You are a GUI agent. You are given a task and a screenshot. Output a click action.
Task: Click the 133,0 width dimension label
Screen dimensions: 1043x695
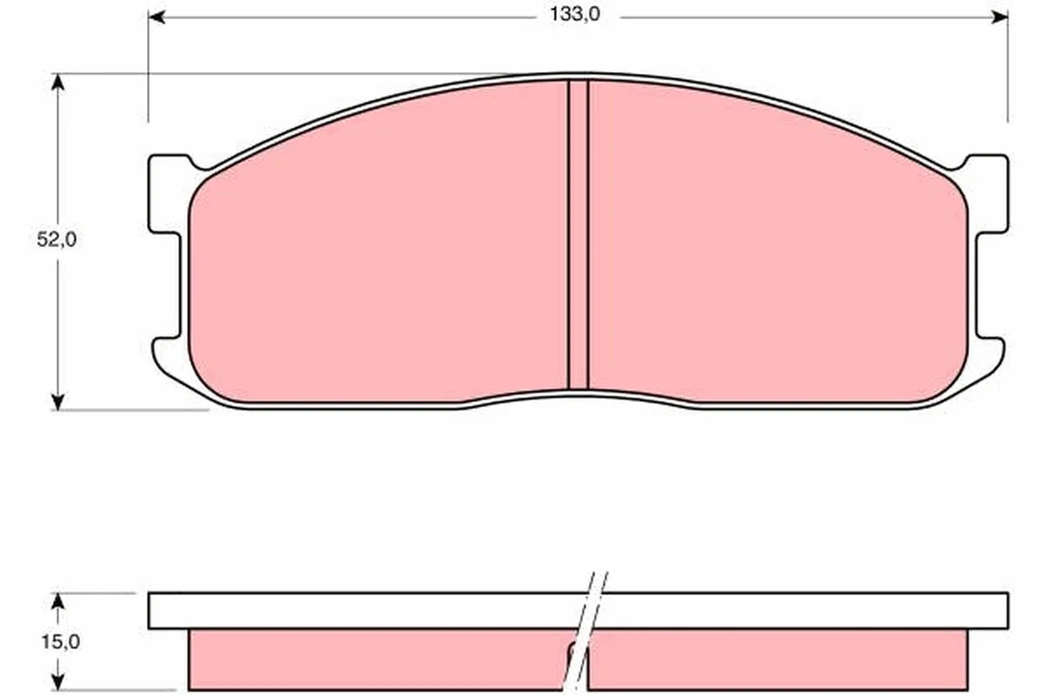(x=574, y=14)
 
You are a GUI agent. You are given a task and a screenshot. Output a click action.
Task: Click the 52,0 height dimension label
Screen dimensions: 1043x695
(x=57, y=239)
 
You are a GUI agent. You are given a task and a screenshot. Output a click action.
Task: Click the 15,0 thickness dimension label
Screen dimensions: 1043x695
(x=61, y=642)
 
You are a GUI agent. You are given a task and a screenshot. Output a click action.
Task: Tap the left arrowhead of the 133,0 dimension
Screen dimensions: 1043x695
(x=157, y=17)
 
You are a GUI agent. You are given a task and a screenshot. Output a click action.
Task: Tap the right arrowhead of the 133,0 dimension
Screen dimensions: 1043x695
(x=1000, y=17)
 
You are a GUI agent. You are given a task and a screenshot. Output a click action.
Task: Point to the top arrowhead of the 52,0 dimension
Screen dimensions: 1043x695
(x=59, y=82)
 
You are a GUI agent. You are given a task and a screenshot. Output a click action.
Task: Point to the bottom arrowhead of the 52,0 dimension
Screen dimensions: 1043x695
(x=59, y=401)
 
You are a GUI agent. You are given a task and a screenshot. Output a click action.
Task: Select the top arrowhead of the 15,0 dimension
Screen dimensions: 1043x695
(x=59, y=601)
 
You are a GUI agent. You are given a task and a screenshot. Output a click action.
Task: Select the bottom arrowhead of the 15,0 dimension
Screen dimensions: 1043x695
(x=59, y=681)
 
